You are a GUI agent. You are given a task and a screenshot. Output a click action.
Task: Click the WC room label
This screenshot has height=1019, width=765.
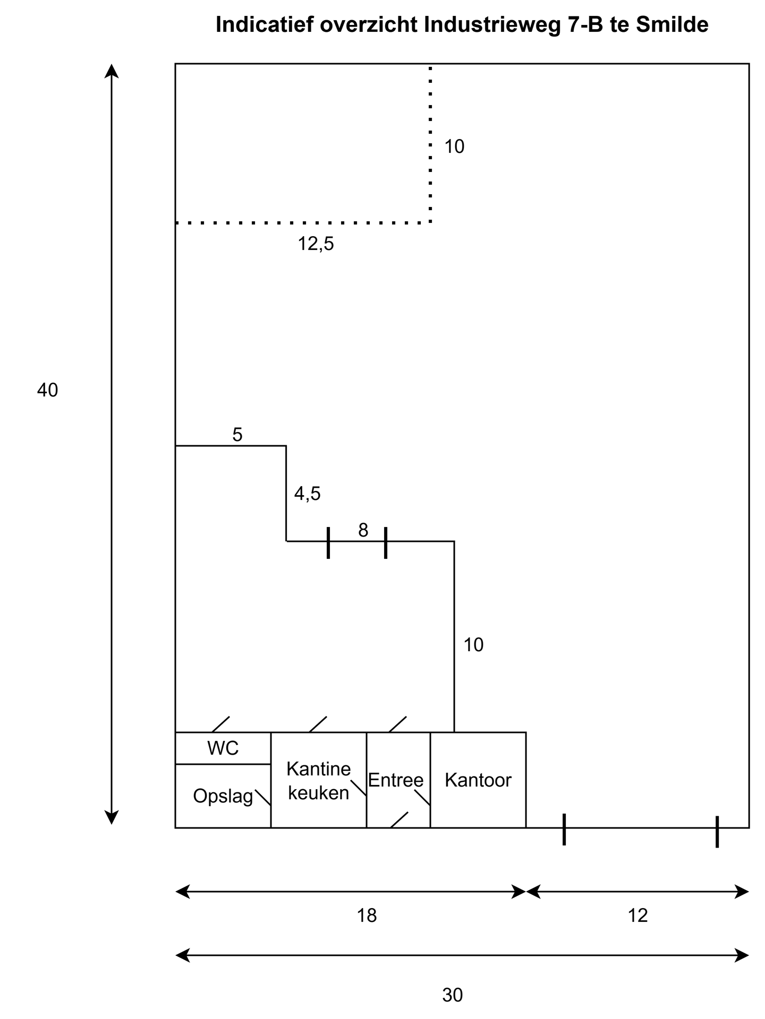click(223, 748)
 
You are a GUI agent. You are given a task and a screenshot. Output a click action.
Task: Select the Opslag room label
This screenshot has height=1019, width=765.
click(223, 797)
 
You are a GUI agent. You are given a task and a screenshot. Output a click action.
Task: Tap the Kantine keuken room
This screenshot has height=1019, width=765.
click(319, 781)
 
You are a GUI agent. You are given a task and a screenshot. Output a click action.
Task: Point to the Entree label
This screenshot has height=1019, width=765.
click(396, 780)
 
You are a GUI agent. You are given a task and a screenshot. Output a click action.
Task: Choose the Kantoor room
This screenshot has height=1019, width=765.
click(478, 780)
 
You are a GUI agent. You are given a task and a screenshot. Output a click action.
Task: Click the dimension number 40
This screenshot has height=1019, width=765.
click(47, 391)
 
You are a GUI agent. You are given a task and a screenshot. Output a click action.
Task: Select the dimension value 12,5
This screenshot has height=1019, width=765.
click(316, 244)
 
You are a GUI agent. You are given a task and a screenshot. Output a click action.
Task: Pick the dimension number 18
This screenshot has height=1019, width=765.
click(367, 916)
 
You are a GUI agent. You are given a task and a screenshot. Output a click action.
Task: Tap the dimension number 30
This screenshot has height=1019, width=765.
click(453, 995)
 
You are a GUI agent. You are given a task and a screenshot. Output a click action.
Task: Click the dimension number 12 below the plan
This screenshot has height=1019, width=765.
click(638, 916)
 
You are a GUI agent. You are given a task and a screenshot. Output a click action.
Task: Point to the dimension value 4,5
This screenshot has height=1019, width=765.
click(308, 494)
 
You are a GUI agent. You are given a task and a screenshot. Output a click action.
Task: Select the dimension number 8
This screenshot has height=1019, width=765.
click(363, 530)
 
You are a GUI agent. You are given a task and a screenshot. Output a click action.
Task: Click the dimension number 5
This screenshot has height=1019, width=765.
click(237, 435)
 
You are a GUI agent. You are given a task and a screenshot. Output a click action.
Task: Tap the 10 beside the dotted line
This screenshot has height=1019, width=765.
click(454, 146)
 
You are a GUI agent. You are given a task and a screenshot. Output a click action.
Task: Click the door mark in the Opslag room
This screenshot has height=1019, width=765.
click(263, 798)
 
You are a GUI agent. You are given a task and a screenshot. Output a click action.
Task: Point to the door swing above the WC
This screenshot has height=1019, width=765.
click(221, 724)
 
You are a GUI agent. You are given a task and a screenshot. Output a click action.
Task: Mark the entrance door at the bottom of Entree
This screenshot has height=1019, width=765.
click(399, 820)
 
